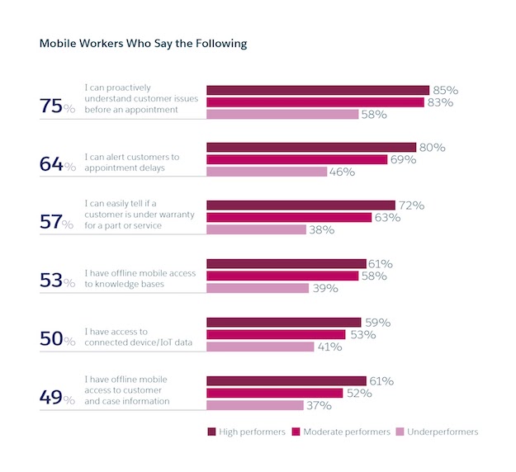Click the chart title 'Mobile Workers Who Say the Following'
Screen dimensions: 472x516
pos(143,44)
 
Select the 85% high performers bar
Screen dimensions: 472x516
pos(317,90)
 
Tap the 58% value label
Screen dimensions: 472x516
pos(373,115)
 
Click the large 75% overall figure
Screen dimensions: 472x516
pos(57,105)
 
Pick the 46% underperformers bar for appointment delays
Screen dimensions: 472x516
pos(266,172)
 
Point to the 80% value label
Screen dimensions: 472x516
pos(432,148)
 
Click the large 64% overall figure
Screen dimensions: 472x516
pos(57,163)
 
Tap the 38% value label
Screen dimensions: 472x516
pos(320,230)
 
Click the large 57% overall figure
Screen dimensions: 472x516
pos(57,221)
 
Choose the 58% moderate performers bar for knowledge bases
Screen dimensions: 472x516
pos(282,276)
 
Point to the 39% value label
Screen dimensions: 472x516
pos(323,288)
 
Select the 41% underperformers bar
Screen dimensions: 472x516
pos(260,347)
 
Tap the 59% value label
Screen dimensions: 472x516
pos(376,322)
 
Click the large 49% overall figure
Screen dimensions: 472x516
pos(57,397)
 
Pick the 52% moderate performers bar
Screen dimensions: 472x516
pos(274,394)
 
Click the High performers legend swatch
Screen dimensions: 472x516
pos(211,432)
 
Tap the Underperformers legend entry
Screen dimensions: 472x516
pos(437,432)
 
